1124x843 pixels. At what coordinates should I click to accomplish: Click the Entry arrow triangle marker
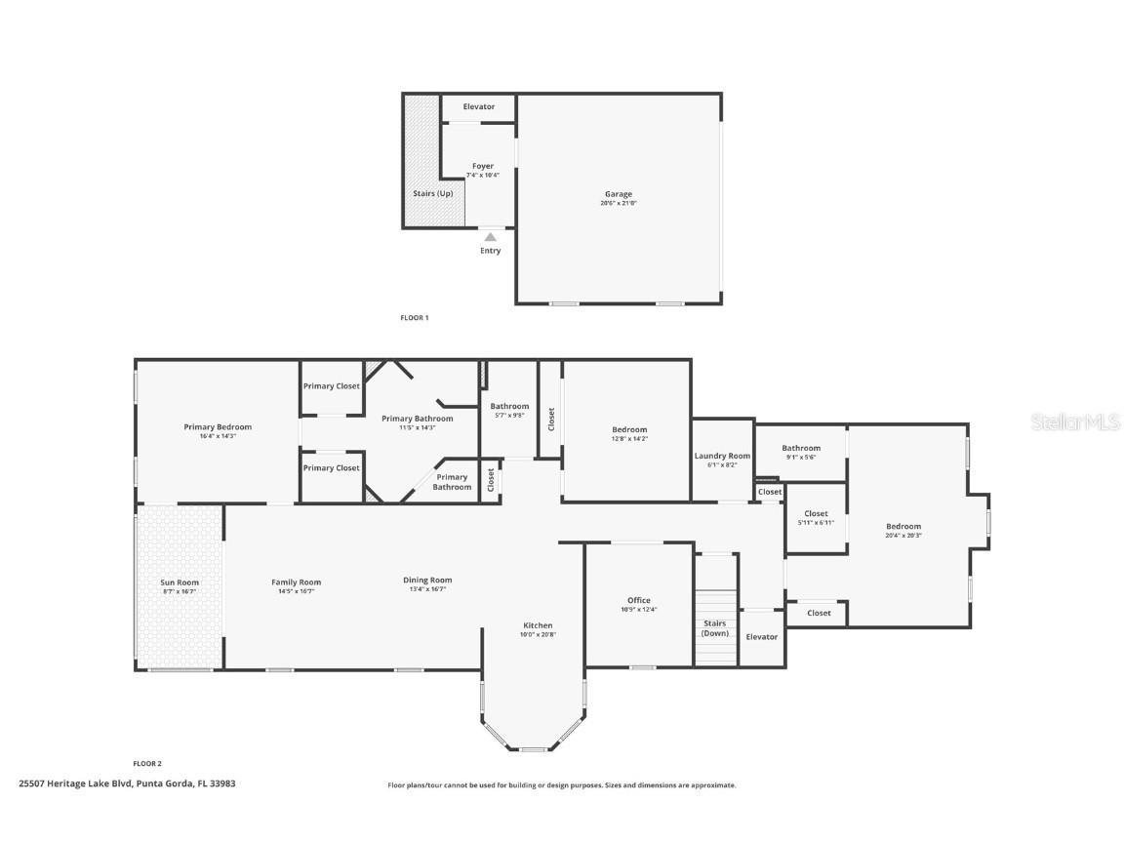490,237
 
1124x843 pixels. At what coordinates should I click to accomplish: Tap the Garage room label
619,194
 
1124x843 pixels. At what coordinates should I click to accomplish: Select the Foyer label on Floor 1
483,167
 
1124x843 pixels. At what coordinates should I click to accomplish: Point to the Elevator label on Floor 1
478,106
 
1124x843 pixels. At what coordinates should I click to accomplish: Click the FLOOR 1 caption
415,317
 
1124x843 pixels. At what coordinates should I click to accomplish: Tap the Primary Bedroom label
218,426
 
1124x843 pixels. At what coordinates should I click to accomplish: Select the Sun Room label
180,582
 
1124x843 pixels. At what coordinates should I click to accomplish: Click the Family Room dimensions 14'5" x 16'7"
296,591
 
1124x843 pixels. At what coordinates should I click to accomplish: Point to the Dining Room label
427,580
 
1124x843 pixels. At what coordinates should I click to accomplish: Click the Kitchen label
538,625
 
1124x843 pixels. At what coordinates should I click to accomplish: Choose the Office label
639,600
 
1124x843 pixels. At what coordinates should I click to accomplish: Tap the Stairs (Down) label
715,628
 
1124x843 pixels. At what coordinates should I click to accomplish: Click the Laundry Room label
722,456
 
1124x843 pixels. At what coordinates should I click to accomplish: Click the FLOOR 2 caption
147,763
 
